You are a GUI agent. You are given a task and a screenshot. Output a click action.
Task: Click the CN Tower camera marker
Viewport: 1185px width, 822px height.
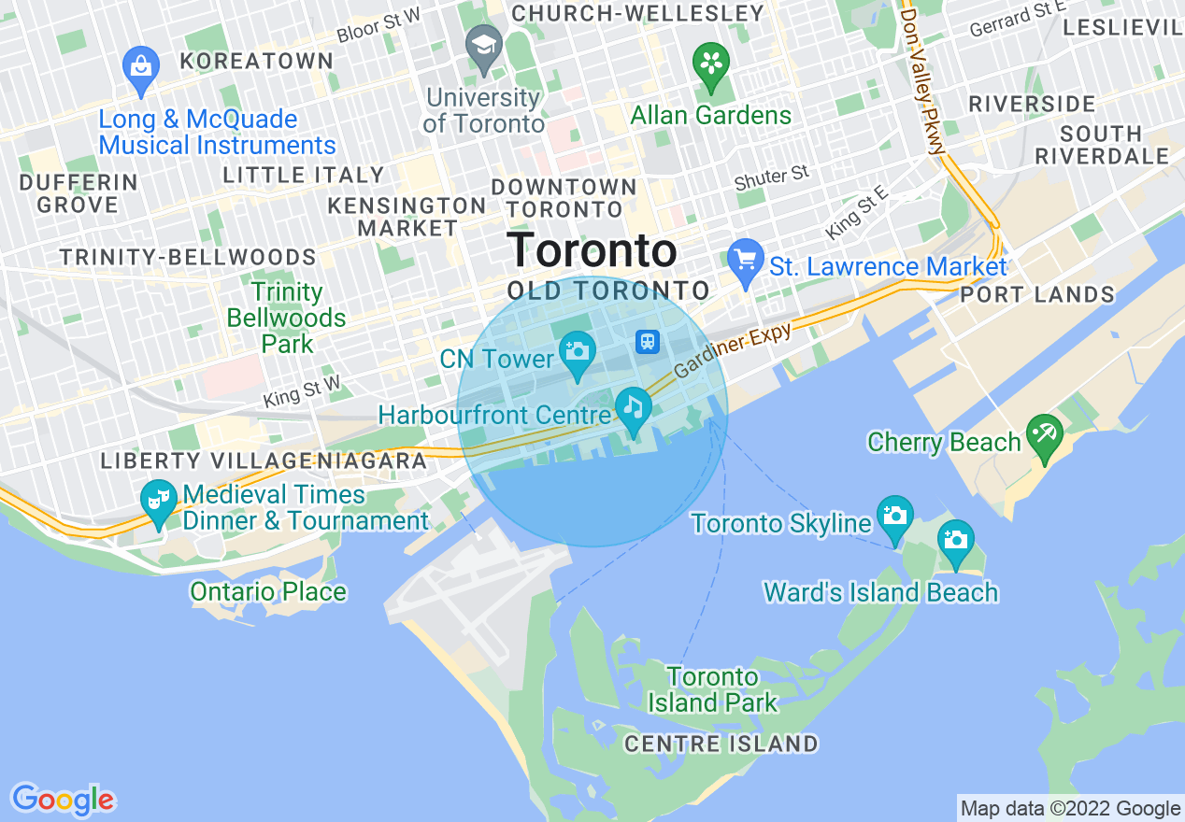(x=578, y=352)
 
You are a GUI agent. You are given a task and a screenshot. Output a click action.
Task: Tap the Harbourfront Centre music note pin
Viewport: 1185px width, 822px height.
(x=634, y=408)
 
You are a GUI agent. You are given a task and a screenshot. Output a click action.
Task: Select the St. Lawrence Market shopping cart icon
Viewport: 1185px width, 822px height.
(x=745, y=261)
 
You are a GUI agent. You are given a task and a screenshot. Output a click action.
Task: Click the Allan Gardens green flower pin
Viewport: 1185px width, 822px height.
(x=711, y=64)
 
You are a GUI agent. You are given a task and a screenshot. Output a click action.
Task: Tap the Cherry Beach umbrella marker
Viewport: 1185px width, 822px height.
(x=1044, y=435)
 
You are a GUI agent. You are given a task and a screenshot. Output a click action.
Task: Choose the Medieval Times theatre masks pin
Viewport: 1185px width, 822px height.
(x=159, y=501)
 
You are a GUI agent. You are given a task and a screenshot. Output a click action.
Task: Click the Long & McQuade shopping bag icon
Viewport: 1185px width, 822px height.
(x=141, y=68)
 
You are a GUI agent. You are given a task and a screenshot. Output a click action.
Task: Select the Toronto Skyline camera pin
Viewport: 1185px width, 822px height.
(x=895, y=517)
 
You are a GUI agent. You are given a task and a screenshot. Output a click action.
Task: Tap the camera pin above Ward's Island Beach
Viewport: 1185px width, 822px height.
(x=955, y=542)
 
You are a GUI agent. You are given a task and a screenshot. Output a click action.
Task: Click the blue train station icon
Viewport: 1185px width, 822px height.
(x=648, y=342)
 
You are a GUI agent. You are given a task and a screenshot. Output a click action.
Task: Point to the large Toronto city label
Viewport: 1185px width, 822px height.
(x=592, y=251)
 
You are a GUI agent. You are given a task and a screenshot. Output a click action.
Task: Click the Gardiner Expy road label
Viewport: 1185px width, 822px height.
(x=733, y=349)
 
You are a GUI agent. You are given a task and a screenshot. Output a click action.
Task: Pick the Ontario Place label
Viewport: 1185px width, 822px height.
(x=268, y=591)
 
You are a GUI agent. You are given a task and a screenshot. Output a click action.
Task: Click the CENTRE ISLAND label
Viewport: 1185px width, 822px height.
(x=721, y=744)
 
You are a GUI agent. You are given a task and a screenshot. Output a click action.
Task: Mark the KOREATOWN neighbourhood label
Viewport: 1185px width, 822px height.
(x=256, y=62)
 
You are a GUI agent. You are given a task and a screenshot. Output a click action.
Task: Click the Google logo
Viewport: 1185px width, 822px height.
(x=63, y=800)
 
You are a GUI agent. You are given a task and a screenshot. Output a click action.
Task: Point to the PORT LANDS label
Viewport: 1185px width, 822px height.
(x=1037, y=295)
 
